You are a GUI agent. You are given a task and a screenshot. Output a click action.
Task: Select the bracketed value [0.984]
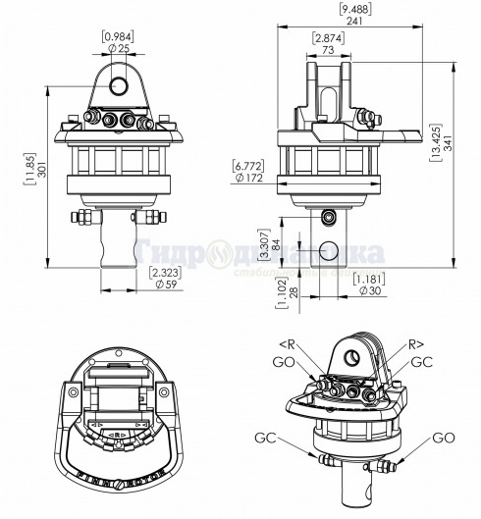tap(119, 35)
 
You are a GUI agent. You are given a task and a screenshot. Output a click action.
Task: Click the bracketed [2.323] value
tap(165, 273)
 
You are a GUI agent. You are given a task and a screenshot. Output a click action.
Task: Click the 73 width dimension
tap(329, 49)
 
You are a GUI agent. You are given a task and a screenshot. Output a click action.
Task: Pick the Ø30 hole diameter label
tap(371, 291)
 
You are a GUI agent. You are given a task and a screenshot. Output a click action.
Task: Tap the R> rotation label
tap(415, 345)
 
